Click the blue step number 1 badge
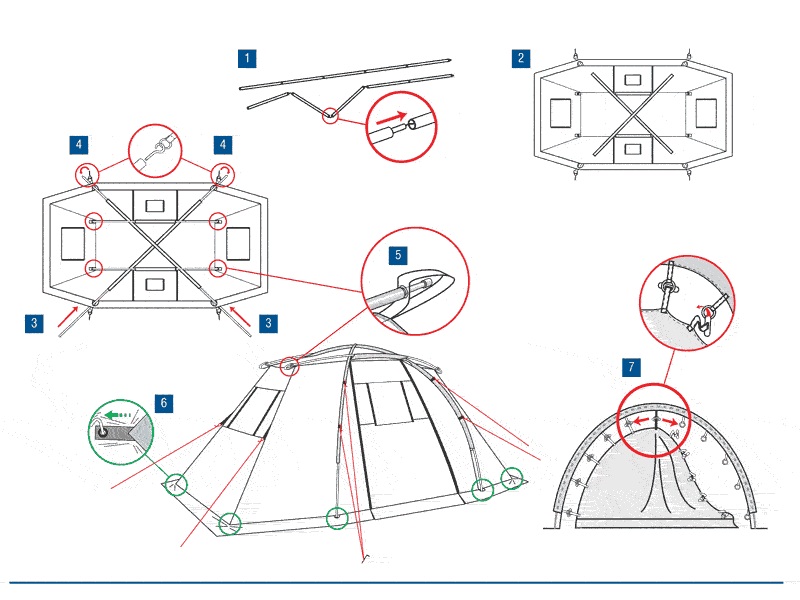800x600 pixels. click(x=247, y=57)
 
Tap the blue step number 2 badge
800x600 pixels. click(x=520, y=57)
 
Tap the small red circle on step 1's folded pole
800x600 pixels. click(x=329, y=117)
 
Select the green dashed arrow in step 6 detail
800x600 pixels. click(x=120, y=411)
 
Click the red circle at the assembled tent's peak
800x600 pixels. click(x=291, y=366)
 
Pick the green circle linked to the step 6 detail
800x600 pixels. click(x=176, y=483)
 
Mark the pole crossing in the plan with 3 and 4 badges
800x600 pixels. click(x=155, y=239)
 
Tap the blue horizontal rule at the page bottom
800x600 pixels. click(x=400, y=582)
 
